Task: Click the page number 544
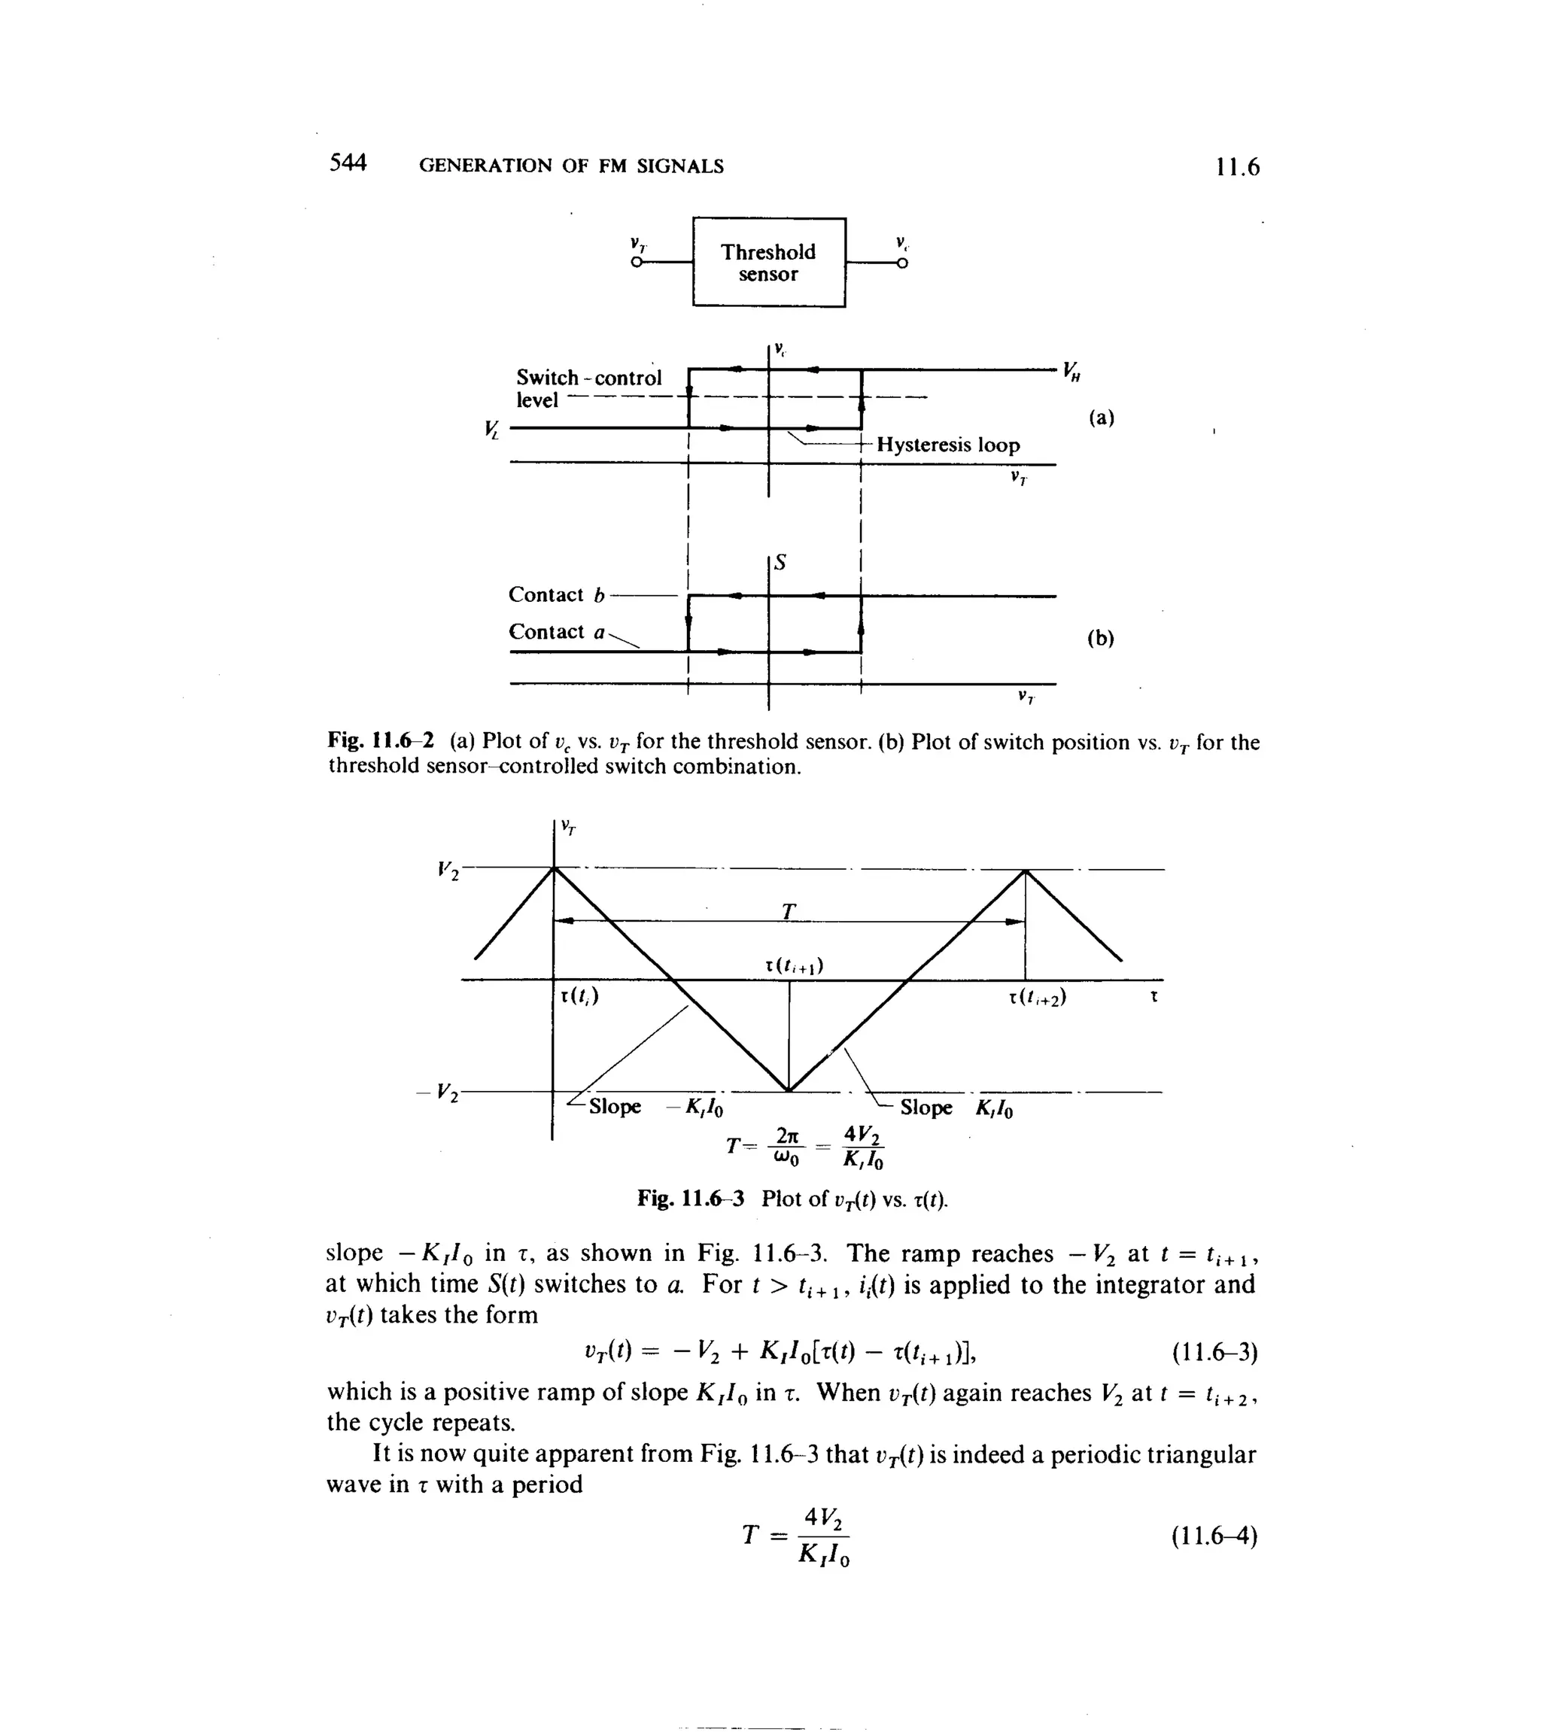348,163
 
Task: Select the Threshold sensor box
768,263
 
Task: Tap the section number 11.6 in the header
1237,167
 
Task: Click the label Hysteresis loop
947,445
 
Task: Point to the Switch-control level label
588,389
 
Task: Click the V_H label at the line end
1072,371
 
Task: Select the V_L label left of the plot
491,430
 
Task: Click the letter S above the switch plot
781,563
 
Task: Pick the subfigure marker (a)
1101,418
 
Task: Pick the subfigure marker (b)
1100,638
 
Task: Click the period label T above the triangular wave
789,912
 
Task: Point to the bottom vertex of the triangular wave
789,1090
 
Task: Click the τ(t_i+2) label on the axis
1037,998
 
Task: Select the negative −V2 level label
438,1092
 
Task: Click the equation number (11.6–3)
1214,1375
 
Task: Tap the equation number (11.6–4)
1214,1536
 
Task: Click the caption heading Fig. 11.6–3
691,1198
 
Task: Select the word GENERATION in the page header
484,166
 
